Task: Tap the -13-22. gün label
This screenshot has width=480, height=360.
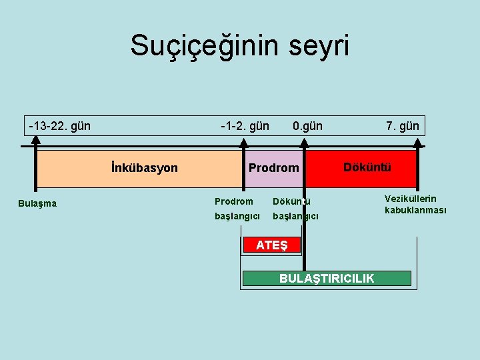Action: (59, 125)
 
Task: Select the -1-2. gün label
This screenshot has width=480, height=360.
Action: (245, 125)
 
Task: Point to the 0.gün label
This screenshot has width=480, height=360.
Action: (307, 125)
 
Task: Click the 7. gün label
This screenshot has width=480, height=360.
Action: (403, 125)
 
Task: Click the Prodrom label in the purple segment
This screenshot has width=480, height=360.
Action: (273, 167)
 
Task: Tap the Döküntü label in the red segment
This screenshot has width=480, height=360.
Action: (367, 167)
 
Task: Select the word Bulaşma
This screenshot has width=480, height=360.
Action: (37, 203)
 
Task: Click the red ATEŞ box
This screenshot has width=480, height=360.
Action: (271, 245)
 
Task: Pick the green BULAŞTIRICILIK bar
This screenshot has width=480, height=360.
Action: (327, 278)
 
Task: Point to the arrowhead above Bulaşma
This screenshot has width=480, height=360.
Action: (36, 141)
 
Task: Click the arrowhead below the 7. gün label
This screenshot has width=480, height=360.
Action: (418, 141)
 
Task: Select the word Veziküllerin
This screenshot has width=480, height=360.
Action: (411, 199)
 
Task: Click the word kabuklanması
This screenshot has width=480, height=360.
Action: (415, 210)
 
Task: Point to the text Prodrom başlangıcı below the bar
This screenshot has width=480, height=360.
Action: (233, 209)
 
